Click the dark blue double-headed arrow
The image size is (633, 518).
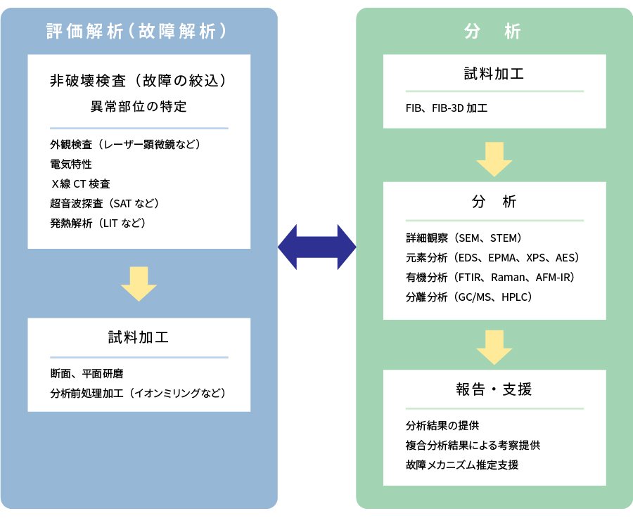[317, 247]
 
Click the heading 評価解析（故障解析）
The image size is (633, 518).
[139, 32]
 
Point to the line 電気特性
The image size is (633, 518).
[70, 164]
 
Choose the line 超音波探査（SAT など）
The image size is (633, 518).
[105, 203]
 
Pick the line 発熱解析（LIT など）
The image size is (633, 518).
[98, 223]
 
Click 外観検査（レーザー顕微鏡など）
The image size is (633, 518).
[125, 144]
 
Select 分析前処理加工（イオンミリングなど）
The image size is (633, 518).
[138, 393]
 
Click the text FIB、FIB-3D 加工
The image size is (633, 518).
[447, 108]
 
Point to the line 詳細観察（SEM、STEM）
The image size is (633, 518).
[463, 238]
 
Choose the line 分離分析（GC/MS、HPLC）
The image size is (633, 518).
[468, 297]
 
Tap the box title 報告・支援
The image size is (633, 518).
[494, 389]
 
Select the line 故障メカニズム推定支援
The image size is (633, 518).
[462, 465]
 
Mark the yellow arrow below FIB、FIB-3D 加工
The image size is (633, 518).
[494, 159]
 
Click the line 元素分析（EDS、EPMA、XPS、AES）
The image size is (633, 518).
[492, 257]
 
